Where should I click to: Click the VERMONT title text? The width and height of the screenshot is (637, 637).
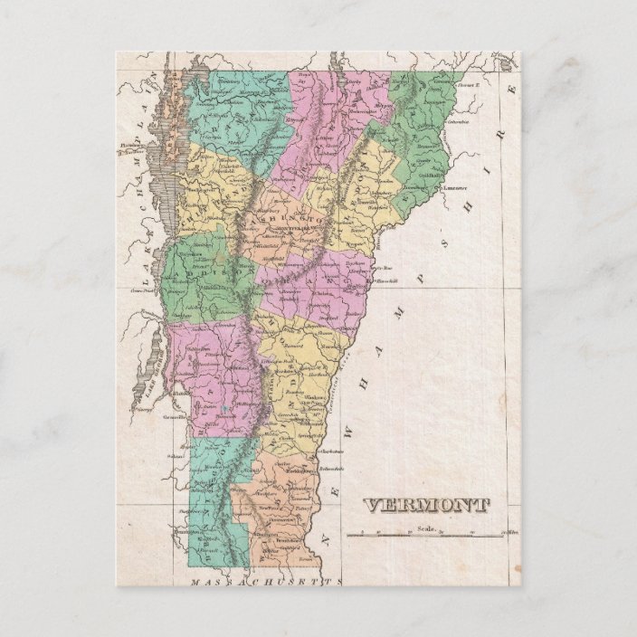click(x=426, y=506)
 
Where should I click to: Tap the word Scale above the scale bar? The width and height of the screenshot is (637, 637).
click(x=427, y=528)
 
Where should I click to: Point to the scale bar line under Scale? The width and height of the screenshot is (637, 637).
click(x=426, y=536)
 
